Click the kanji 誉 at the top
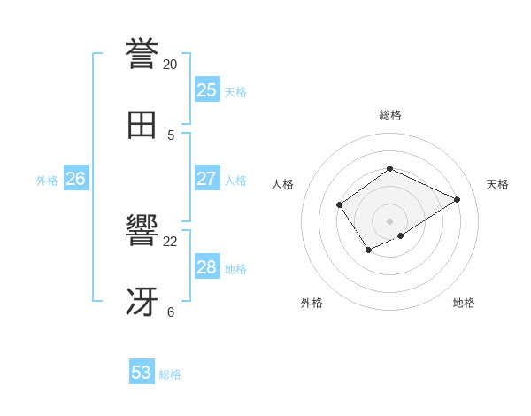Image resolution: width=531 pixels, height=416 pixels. click(142, 54)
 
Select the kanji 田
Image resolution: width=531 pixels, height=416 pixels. click(142, 125)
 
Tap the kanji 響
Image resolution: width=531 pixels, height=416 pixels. click(142, 231)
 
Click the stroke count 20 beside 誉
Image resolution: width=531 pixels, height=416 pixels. click(170, 65)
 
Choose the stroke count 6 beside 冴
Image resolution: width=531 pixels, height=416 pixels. click(170, 312)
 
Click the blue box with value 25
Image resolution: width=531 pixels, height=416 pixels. click(206, 90)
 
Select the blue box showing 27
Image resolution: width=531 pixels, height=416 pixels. click(206, 179)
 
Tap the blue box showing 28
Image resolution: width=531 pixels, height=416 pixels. click(206, 267)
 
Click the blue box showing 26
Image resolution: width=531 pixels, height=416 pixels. click(75, 179)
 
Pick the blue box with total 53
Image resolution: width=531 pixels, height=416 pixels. click(142, 373)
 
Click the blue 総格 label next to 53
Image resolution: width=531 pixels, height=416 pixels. click(171, 374)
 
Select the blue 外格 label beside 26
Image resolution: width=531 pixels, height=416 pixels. click(47, 181)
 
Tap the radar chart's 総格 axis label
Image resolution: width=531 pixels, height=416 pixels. click(390, 115)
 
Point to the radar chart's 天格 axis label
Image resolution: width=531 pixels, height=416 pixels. click(497, 184)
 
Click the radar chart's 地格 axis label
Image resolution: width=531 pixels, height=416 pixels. click(464, 303)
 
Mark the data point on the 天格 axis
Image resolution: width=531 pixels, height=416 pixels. click(458, 199)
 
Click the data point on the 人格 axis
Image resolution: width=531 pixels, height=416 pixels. click(340, 205)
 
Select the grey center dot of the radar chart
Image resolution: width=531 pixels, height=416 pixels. click(390, 221)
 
